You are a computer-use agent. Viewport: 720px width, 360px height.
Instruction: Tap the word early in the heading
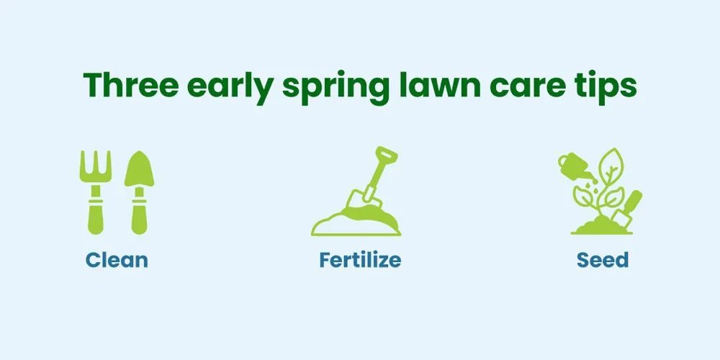(230, 88)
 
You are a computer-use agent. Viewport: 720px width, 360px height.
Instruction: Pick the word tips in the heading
(608, 86)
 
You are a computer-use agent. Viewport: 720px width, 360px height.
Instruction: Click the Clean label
(117, 260)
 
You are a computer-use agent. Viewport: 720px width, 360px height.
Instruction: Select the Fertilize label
(360, 260)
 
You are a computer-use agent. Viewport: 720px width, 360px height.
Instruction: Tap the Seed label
(603, 260)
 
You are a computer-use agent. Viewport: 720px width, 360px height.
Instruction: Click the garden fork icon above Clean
(96, 192)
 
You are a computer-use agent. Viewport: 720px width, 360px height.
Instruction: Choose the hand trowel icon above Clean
(139, 192)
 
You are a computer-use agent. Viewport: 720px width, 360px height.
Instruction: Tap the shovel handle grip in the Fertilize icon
(387, 154)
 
